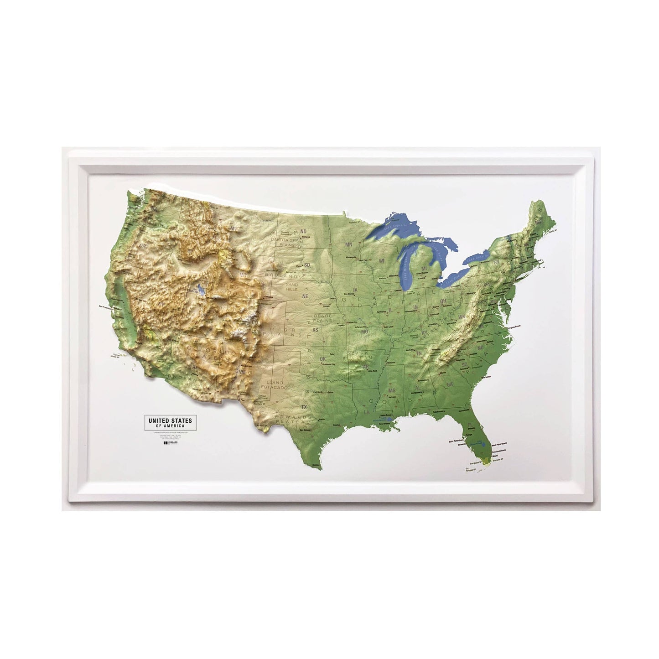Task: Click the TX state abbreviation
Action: (304, 407)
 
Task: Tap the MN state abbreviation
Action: (349, 245)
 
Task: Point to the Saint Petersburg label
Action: (458, 442)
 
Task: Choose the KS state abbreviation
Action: (315, 329)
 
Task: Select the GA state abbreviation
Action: (451, 385)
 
